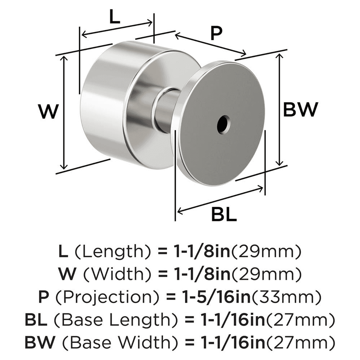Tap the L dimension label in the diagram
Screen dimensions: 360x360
114,18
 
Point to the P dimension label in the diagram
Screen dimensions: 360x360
215,34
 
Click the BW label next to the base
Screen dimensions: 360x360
301,109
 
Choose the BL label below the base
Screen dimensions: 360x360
224,215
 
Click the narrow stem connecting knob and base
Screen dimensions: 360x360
166,110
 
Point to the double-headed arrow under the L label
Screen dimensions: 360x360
117,29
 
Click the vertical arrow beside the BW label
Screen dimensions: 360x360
279,109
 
